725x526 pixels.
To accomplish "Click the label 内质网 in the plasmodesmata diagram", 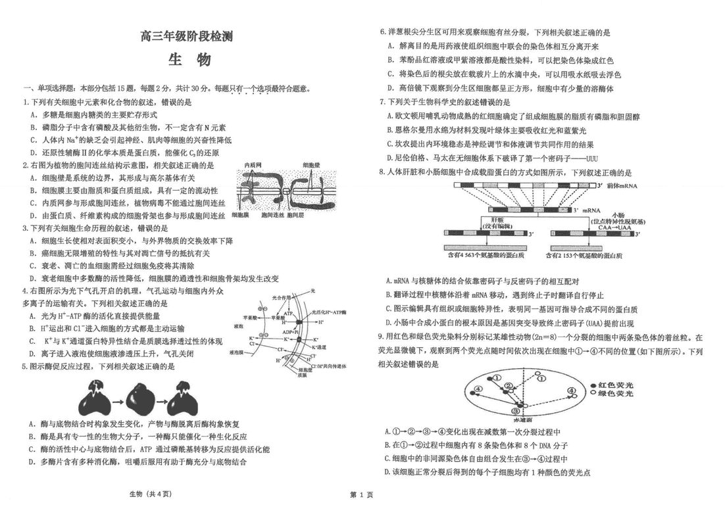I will click(x=253, y=164).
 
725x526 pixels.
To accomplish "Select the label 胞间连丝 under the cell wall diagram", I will click(x=272, y=215).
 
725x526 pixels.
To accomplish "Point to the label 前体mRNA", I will click(x=623, y=187).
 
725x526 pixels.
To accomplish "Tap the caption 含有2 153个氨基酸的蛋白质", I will click(x=578, y=254).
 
